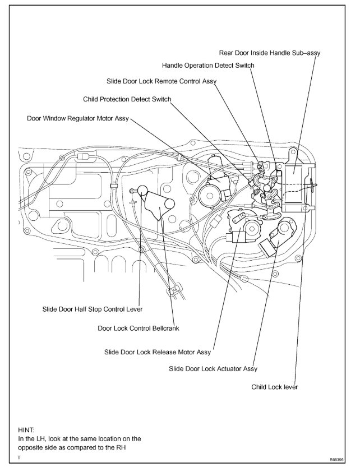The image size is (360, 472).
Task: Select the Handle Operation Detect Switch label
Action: [x=207, y=66]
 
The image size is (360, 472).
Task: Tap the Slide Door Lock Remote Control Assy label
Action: [x=161, y=82]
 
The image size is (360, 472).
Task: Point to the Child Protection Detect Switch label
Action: [x=127, y=99]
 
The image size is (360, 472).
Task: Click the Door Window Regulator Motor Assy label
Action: [x=78, y=119]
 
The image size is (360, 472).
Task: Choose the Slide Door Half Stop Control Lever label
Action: [x=93, y=309]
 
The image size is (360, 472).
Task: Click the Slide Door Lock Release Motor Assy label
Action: [x=158, y=352]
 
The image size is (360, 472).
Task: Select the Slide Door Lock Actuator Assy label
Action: [x=213, y=369]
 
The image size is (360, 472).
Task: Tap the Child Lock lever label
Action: [x=275, y=387]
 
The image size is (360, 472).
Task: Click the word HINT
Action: [x=26, y=430]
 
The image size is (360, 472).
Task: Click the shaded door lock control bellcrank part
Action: [x=156, y=207]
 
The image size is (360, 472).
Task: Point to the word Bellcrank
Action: [x=163, y=328]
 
